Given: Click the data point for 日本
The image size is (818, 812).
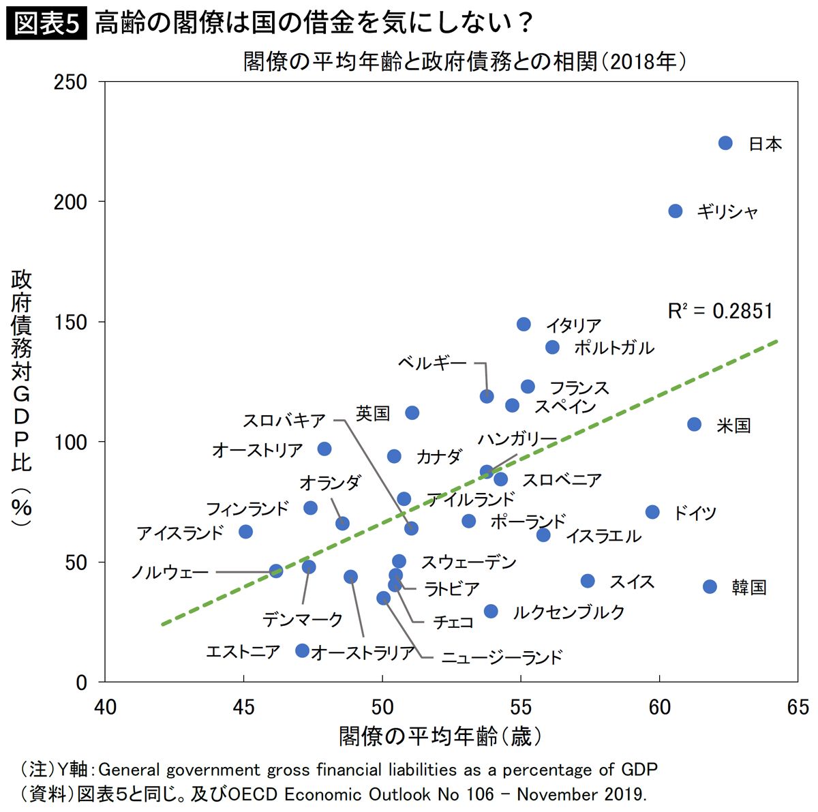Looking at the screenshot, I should click(x=725, y=143).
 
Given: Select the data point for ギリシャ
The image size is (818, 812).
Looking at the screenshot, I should click(x=676, y=211).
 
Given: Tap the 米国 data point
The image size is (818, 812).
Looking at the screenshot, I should click(x=694, y=425).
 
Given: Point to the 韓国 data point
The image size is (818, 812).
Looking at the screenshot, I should click(x=710, y=587).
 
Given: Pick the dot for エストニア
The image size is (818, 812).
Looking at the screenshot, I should click(x=303, y=651).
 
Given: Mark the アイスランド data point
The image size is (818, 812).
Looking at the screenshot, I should click(x=246, y=532).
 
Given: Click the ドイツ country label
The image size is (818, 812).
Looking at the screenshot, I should click(x=695, y=513).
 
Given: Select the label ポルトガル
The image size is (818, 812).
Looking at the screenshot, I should click(x=613, y=348).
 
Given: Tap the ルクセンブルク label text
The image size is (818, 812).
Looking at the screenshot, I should click(x=569, y=612).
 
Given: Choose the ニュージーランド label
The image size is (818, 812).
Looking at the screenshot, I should click(x=502, y=658).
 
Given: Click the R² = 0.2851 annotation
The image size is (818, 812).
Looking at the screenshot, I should click(x=720, y=312).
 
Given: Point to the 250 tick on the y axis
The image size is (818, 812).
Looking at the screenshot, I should click(x=71, y=82).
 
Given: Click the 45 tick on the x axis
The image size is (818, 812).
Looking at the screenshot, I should click(x=243, y=707).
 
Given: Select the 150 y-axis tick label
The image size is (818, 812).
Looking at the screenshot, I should click(x=71, y=322).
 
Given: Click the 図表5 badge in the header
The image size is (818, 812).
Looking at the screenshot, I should click(x=46, y=24).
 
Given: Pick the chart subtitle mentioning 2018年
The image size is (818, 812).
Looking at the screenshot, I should click(x=464, y=62).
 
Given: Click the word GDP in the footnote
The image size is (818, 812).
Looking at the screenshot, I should click(x=639, y=770).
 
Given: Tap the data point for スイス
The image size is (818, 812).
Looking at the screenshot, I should click(x=588, y=581).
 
